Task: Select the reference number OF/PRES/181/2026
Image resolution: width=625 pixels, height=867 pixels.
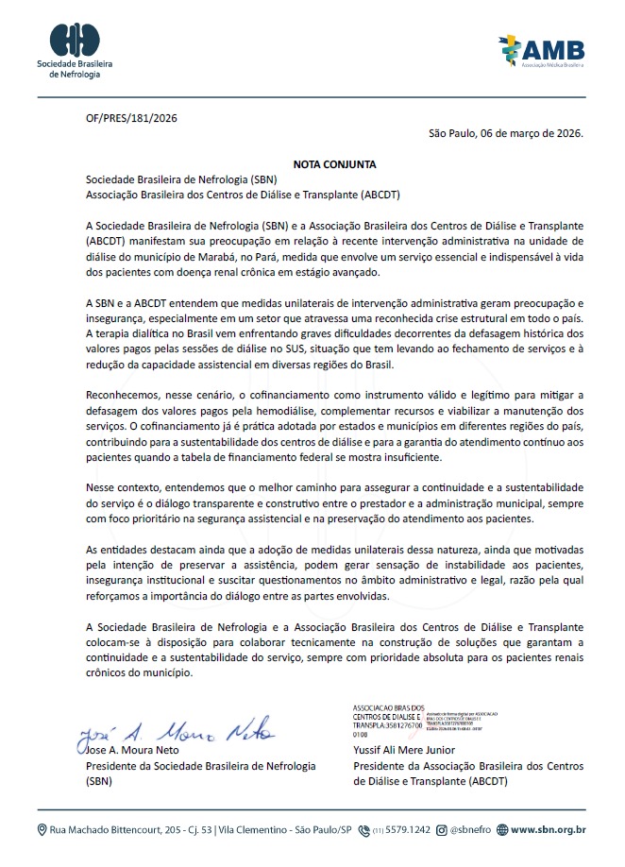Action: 131,118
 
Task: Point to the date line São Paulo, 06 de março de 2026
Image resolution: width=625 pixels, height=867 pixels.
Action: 506,133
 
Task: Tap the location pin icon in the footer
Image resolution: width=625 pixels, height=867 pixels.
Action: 42,830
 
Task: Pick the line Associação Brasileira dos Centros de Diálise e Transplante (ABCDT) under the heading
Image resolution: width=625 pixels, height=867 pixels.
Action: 243,194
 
